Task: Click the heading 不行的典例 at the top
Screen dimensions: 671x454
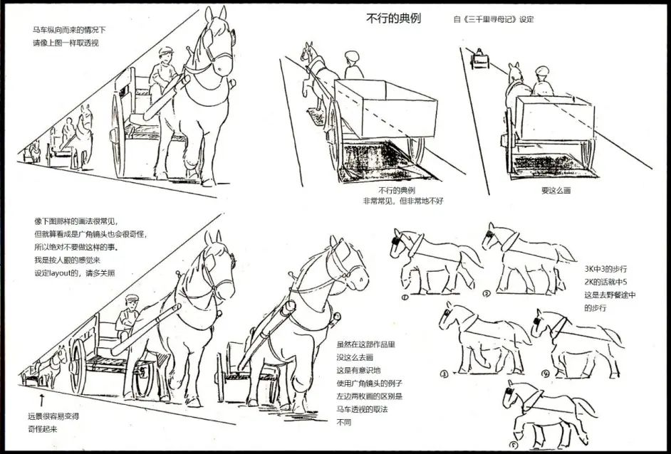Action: click(x=393, y=18)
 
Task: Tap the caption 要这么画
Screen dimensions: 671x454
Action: click(x=556, y=190)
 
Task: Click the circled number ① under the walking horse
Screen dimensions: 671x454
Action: click(x=405, y=297)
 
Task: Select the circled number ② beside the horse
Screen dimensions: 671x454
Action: click(x=486, y=294)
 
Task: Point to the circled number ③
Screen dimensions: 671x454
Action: click(x=444, y=374)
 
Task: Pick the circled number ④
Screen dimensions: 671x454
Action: click(x=545, y=374)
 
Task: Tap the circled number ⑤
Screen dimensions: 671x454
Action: click(x=514, y=445)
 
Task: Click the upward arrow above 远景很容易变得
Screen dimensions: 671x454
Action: click(x=41, y=400)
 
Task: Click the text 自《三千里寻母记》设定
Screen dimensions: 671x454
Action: click(x=494, y=19)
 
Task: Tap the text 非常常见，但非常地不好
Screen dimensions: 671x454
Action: click(x=403, y=201)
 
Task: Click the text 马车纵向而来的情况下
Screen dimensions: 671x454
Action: click(x=69, y=30)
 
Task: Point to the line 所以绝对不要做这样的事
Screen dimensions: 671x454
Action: click(x=76, y=247)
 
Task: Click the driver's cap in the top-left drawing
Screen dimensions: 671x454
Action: click(x=165, y=51)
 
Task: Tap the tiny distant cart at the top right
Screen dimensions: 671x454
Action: click(x=479, y=59)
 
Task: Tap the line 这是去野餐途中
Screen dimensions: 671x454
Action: click(x=610, y=295)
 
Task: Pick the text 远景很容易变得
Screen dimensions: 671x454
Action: click(x=53, y=416)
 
